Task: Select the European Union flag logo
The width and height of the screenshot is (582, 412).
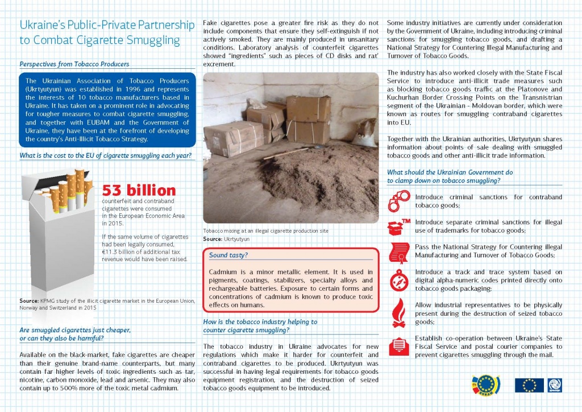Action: click(x=529, y=385)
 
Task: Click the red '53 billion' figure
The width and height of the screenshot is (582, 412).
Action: click(x=139, y=191)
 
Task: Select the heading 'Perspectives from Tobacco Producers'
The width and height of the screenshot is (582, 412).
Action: click(x=74, y=64)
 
